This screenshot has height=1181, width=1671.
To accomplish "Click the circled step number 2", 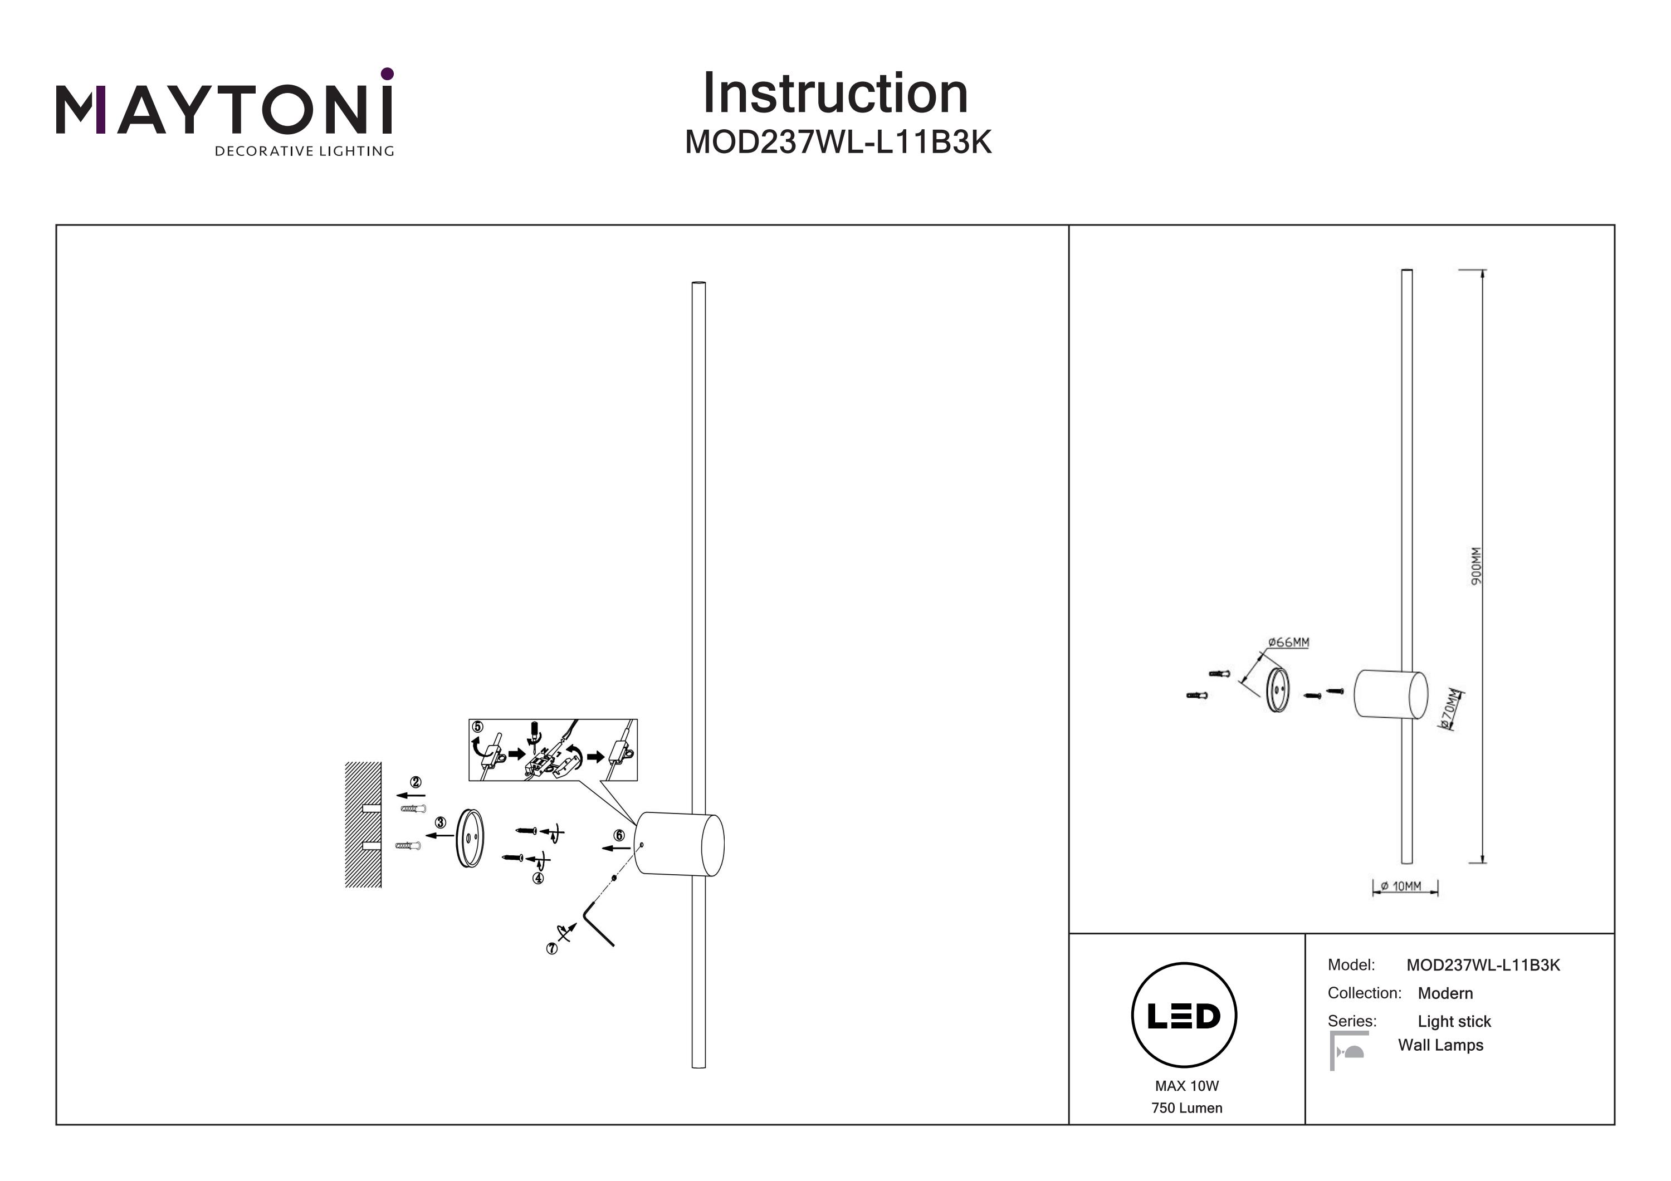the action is pos(416,782).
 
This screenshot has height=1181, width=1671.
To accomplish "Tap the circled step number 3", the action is pos(441,822).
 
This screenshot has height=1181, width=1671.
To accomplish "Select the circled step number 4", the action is pos(538,878).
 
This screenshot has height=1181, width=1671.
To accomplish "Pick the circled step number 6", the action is pos(619,835).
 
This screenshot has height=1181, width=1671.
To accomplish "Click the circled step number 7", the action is pos(551,949).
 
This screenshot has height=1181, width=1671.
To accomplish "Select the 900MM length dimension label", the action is pos(1476,566).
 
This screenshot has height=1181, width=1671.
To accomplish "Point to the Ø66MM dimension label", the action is pos(1288,643).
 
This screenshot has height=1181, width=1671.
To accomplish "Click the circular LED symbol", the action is pos(1184,1016).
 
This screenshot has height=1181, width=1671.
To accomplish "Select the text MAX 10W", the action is pos(1186,1086).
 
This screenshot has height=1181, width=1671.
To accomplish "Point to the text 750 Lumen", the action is pos(1186,1108).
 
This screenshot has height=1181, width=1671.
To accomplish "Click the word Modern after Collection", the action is pos(1445,993).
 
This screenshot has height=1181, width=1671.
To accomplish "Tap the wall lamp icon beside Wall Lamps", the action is pos(1348,1051).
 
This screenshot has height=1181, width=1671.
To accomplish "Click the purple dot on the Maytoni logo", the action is pos(387,73).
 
